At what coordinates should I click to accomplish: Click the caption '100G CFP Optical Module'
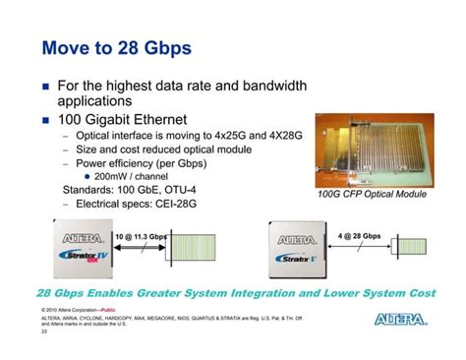coord(374,195)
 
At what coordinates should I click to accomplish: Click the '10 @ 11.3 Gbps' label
coord(141,237)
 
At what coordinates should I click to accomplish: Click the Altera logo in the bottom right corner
coord(401,319)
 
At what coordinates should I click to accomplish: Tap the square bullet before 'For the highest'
coord(45,88)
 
